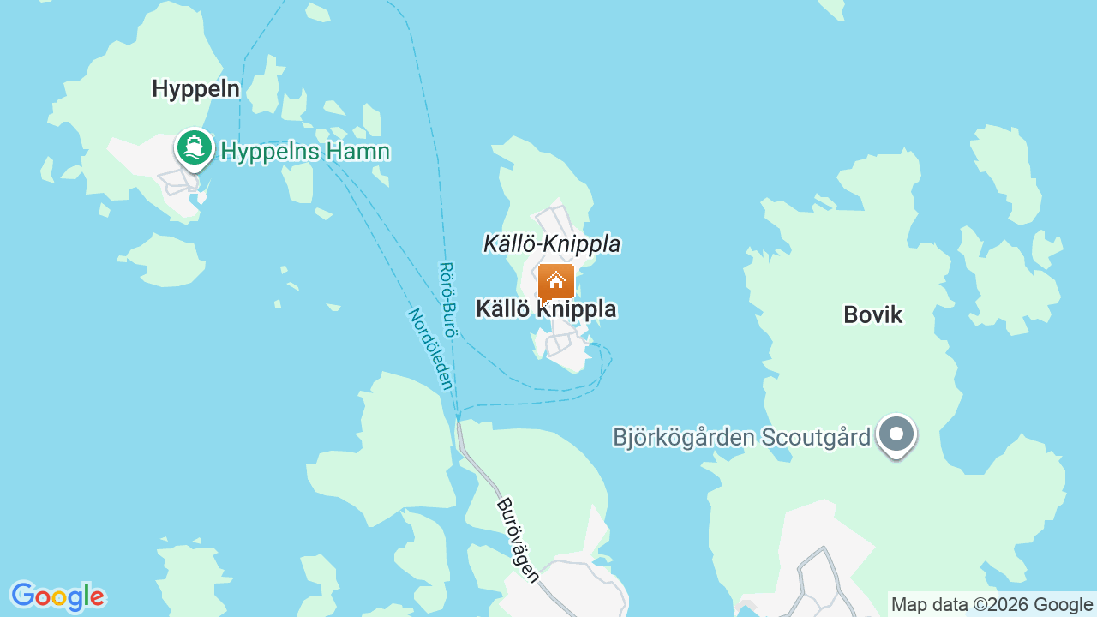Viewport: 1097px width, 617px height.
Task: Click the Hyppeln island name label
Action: [195, 88]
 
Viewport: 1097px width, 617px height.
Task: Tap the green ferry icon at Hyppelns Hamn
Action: [195, 148]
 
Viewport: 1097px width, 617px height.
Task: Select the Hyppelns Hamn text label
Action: [305, 152]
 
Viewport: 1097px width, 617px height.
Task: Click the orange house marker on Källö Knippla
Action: [556, 281]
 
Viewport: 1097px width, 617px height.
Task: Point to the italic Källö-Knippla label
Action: [552, 243]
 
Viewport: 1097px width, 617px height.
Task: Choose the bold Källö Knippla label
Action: [546, 308]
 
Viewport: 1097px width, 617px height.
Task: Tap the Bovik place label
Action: [872, 314]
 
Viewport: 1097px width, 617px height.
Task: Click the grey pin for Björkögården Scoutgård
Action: [896, 434]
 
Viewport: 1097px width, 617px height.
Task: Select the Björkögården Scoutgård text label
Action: [741, 437]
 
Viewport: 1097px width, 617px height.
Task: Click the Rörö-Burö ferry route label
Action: [447, 300]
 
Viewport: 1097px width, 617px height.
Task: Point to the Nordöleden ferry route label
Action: [429, 349]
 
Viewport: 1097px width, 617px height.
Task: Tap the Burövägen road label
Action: [519, 540]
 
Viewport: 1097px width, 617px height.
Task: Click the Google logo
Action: [57, 596]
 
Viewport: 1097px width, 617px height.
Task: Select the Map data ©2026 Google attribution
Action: [992, 604]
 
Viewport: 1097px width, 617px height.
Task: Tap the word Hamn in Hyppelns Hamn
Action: [360, 152]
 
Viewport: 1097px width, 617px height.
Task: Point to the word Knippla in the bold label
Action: [578, 308]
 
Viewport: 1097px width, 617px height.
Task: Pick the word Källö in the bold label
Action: [503, 308]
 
